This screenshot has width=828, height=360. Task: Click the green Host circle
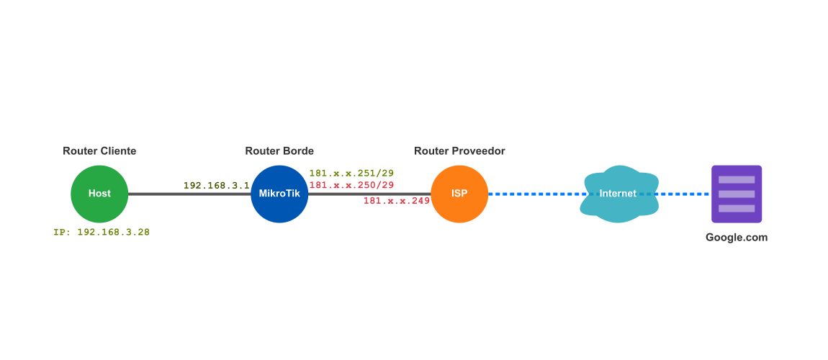(99, 194)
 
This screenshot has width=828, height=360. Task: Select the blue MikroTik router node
(279, 194)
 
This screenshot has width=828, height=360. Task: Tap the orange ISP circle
(459, 194)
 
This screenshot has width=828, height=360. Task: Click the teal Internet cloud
(618, 194)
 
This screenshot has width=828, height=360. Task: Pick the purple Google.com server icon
(737, 194)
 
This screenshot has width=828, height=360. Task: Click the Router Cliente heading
(99, 150)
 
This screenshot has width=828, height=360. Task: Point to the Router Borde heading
(279, 150)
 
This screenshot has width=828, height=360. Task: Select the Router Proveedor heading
(459, 150)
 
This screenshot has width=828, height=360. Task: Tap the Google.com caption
(737, 238)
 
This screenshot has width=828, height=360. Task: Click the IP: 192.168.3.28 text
(102, 233)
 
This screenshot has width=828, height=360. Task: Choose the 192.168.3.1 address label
(216, 185)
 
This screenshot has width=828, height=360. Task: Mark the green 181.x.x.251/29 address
(351, 174)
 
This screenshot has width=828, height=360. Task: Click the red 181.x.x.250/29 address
(351, 185)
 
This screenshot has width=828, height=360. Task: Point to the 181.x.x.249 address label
(396, 200)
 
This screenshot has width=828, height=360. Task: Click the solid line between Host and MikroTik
(158, 194)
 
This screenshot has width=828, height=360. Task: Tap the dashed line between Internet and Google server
(684, 194)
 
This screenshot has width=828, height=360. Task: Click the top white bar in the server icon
(737, 179)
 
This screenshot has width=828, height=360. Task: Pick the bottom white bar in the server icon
(737, 208)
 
